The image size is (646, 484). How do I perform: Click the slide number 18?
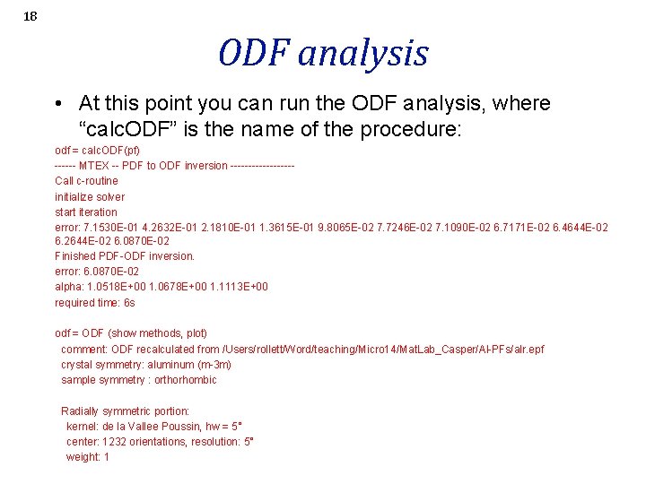click(31, 16)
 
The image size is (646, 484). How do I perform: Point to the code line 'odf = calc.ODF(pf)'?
click(97, 150)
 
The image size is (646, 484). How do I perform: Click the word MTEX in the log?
click(94, 166)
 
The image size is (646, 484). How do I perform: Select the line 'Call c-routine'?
click(86, 181)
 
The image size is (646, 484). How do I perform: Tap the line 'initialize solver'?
click(90, 196)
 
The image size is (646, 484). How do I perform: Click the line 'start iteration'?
click(86, 212)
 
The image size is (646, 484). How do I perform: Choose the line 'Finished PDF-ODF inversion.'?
click(125, 255)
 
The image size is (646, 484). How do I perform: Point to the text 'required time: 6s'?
click(95, 302)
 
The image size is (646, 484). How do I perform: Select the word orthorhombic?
click(185, 380)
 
